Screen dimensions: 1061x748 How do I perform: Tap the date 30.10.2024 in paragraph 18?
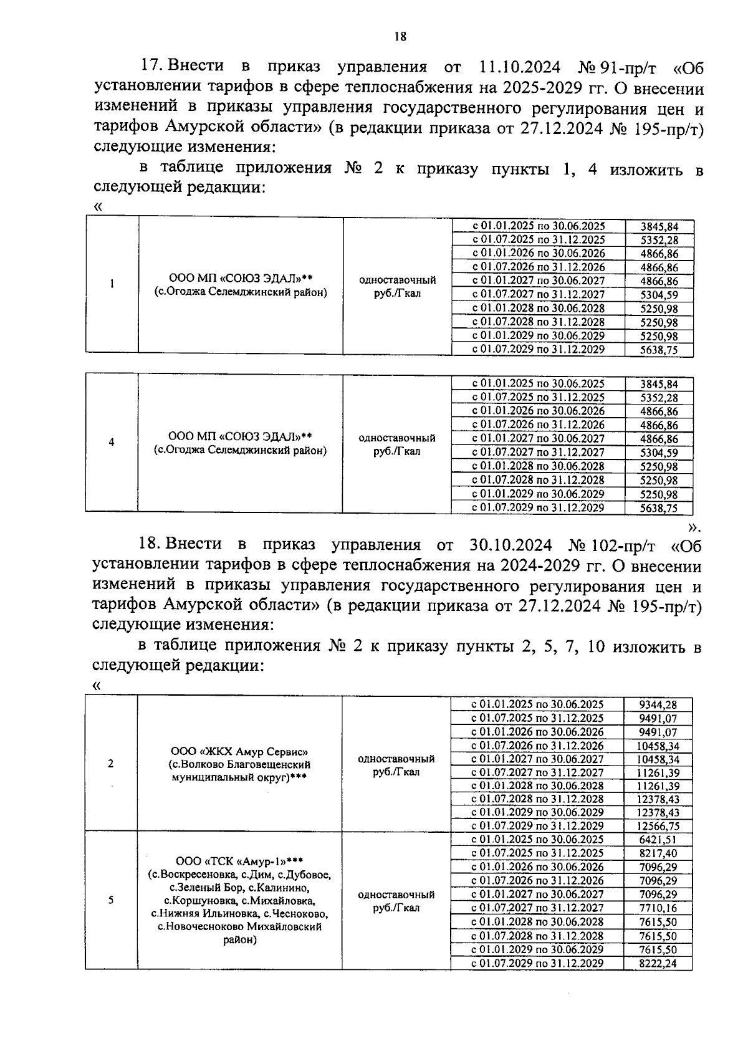pyautogui.click(x=510, y=545)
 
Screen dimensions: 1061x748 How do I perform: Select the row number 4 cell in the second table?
pyautogui.click(x=112, y=443)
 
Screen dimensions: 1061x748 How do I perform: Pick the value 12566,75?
pyautogui.click(x=658, y=826)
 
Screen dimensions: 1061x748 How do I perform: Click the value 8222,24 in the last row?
pyautogui.click(x=658, y=964)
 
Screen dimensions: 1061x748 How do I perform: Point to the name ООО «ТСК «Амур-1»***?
pyautogui.click(x=239, y=862)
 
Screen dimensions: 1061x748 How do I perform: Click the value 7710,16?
pyautogui.click(x=658, y=908)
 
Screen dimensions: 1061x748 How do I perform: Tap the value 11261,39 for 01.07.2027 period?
pyautogui.click(x=658, y=773)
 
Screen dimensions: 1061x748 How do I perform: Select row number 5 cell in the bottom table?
pyautogui.click(x=111, y=900)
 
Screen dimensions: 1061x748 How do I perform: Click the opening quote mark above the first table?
pyautogui.click(x=97, y=206)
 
